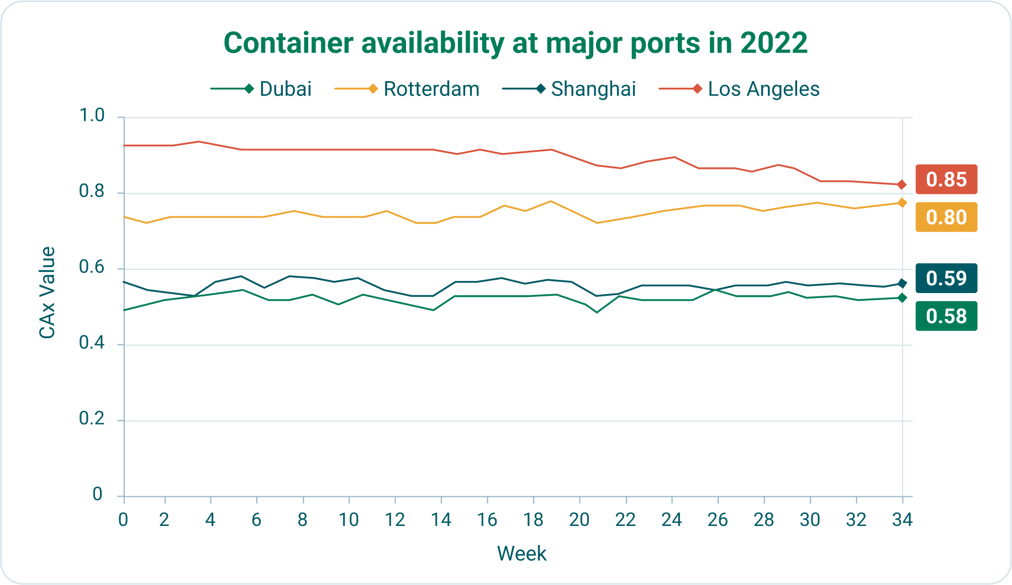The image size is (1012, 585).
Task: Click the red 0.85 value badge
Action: pyautogui.click(x=946, y=179)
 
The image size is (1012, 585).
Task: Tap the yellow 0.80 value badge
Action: pyautogui.click(x=946, y=217)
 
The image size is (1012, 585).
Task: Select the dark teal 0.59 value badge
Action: pyautogui.click(x=946, y=278)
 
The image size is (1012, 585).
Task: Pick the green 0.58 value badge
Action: pyautogui.click(x=946, y=316)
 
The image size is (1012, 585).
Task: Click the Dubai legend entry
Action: pyautogui.click(x=261, y=89)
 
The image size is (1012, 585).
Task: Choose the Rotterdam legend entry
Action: pyautogui.click(x=407, y=89)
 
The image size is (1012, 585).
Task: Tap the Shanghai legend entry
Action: pyautogui.click(x=570, y=89)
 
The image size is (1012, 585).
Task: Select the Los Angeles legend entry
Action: pyautogui.click(x=739, y=89)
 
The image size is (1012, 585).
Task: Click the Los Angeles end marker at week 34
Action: pyautogui.click(x=902, y=184)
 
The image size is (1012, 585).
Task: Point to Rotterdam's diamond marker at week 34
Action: pyautogui.click(x=902, y=203)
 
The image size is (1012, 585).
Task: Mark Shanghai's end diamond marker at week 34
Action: pyautogui.click(x=902, y=283)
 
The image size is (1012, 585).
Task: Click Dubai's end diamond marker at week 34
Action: pyautogui.click(x=902, y=297)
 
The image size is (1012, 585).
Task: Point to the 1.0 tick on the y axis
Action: pyautogui.click(x=92, y=115)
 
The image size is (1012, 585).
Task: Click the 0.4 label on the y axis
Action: pyautogui.click(x=92, y=343)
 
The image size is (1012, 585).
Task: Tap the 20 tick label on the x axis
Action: pyautogui.click(x=579, y=520)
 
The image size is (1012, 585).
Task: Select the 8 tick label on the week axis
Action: pyautogui.click(x=303, y=520)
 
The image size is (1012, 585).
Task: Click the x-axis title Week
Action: pyautogui.click(x=521, y=554)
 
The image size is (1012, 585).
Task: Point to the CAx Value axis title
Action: pyautogui.click(x=48, y=292)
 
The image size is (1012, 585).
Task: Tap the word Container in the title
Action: pyautogui.click(x=289, y=43)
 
